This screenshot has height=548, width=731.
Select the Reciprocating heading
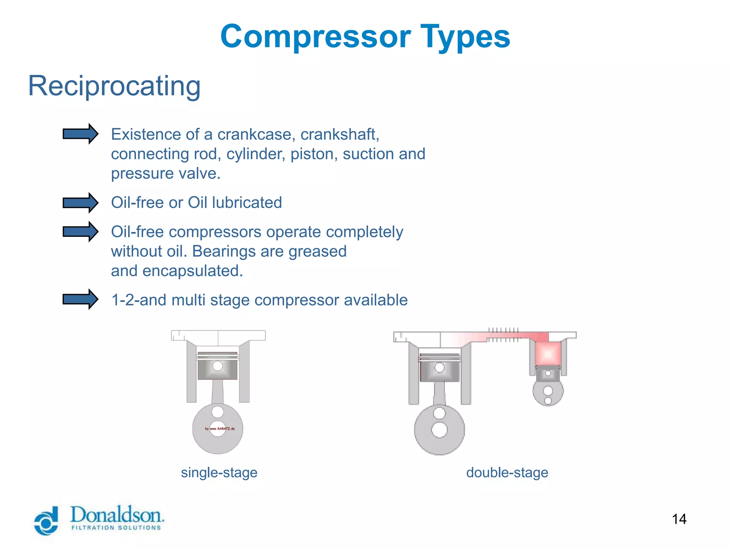pos(114,86)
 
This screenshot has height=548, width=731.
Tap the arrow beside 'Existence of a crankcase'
pos(80,134)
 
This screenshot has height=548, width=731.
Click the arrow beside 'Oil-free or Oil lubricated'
pos(80,203)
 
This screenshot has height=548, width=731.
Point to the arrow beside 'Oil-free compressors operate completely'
pos(80,232)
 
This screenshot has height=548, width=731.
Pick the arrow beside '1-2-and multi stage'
pos(80,299)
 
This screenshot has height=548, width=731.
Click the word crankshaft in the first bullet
pos(339,135)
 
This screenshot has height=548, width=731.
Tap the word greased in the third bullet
pos(317,251)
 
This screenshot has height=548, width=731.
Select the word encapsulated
pos(192,271)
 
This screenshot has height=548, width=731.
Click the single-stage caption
pos(219,472)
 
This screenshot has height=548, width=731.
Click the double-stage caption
pos(507,472)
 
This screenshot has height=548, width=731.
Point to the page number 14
pos(679,519)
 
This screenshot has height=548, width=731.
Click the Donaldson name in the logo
pos(117,515)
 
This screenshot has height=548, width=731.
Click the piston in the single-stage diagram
pos(217,366)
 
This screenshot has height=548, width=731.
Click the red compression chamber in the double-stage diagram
pos(548,354)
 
